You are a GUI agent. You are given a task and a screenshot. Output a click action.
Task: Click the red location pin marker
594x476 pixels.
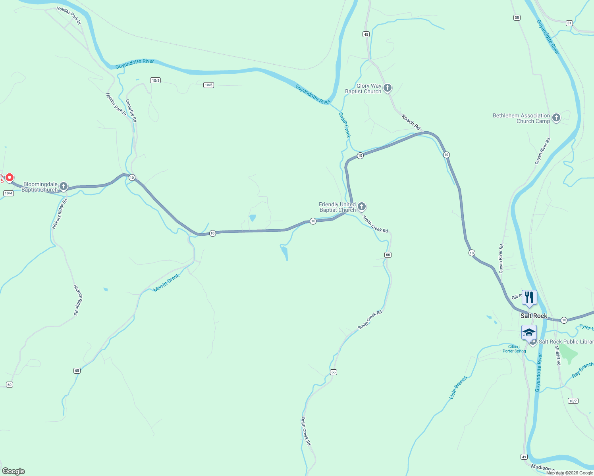pos(9,178)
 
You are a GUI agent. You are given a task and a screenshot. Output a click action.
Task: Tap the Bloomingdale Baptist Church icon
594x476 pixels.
pos(63,186)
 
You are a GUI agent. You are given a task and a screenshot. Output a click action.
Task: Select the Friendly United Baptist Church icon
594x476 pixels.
pos(361,206)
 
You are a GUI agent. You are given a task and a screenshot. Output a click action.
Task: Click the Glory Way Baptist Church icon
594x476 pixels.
pos(388,88)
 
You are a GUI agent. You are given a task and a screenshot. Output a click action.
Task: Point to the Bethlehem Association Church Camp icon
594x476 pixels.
pos(556,117)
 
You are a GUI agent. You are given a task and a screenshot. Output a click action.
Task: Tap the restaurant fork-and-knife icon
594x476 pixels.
pos(529,297)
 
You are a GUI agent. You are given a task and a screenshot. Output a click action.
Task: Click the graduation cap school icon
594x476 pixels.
pos(529,332)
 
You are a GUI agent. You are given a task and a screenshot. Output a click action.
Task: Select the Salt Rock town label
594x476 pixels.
pos(534,316)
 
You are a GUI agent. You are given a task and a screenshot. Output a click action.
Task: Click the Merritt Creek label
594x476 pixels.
pos(167,283)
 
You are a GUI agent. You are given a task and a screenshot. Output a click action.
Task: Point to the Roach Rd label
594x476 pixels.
pos(411,122)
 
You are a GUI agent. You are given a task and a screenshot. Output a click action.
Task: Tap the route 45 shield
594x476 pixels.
pos(366,35)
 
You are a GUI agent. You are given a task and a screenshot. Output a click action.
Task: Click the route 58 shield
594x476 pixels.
pos(517,17)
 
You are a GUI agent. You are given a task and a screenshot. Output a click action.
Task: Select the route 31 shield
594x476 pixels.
pos(569,23)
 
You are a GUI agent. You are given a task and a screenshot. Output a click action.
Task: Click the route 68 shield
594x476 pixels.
pos(77,370)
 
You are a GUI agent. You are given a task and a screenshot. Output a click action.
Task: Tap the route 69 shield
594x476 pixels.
pos(10,384)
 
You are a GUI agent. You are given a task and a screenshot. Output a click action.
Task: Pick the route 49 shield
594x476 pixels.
pos(524,457)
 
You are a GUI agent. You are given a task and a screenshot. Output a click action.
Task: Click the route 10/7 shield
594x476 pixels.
pos(573,401)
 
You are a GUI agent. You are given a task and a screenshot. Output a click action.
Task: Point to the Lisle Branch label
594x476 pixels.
pos(458,387)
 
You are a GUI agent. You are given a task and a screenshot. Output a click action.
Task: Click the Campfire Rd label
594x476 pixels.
pos(131,110)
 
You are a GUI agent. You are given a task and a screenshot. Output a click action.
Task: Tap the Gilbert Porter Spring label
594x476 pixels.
pos(514,349)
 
